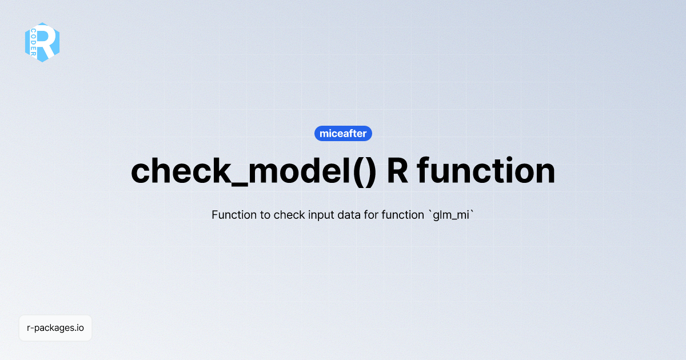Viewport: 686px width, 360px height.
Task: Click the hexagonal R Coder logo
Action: point(42,42)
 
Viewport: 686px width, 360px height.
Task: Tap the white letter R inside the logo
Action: point(48,42)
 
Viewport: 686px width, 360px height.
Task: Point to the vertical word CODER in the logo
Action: point(33,42)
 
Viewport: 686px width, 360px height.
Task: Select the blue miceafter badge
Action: point(344,134)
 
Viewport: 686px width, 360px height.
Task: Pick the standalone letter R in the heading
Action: point(397,170)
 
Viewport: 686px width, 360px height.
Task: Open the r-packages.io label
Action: point(55,328)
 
